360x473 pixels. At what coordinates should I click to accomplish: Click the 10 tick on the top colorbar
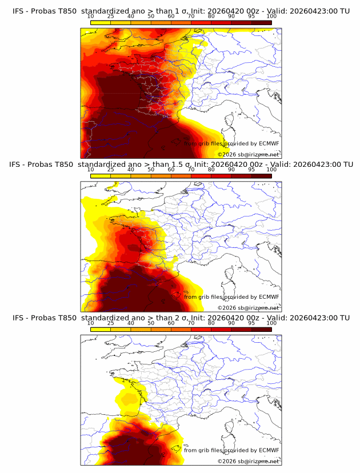91,17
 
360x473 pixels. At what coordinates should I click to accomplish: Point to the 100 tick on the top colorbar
271,17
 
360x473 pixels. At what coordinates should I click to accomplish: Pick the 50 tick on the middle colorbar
151,170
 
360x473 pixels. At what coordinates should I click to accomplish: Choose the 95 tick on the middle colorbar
251,170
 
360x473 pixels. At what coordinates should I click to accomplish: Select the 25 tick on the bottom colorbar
111,323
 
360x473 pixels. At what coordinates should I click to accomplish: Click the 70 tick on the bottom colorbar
191,323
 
